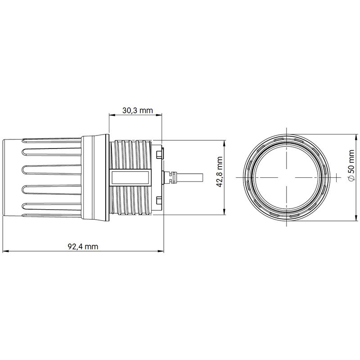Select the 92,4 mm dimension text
click(x=83, y=247)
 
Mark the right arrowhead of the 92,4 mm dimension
click(x=160, y=251)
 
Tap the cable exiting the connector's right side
click(x=191, y=177)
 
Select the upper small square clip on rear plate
click(x=158, y=155)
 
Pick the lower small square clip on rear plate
click(x=158, y=200)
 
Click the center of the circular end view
click(x=286, y=177)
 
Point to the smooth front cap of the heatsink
click(x=11, y=177)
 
